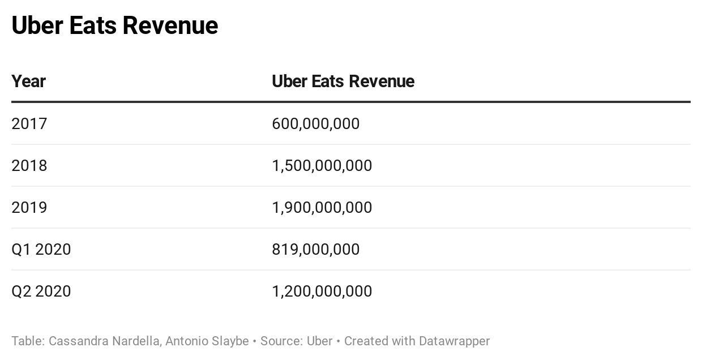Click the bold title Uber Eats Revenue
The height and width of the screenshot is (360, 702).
point(114,25)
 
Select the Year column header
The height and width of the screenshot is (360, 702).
point(28,82)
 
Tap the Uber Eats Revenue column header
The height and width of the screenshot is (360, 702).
point(343,82)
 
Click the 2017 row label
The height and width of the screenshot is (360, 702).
point(29,123)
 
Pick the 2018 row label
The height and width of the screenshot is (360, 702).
point(29,165)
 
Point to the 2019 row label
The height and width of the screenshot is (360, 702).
point(29,207)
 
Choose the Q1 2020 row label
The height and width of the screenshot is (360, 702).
point(41,249)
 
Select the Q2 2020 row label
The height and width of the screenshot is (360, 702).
point(41,291)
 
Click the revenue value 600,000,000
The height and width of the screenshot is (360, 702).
point(315,123)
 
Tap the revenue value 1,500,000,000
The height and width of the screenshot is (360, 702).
point(322,165)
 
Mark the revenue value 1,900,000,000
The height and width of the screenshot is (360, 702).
point(322,207)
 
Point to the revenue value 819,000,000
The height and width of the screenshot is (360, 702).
point(315,249)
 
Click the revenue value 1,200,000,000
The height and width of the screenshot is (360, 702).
point(322,291)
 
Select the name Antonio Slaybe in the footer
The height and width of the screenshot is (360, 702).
point(207,341)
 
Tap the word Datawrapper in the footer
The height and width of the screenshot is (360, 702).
point(454,341)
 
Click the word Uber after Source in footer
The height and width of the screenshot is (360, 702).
point(319,341)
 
